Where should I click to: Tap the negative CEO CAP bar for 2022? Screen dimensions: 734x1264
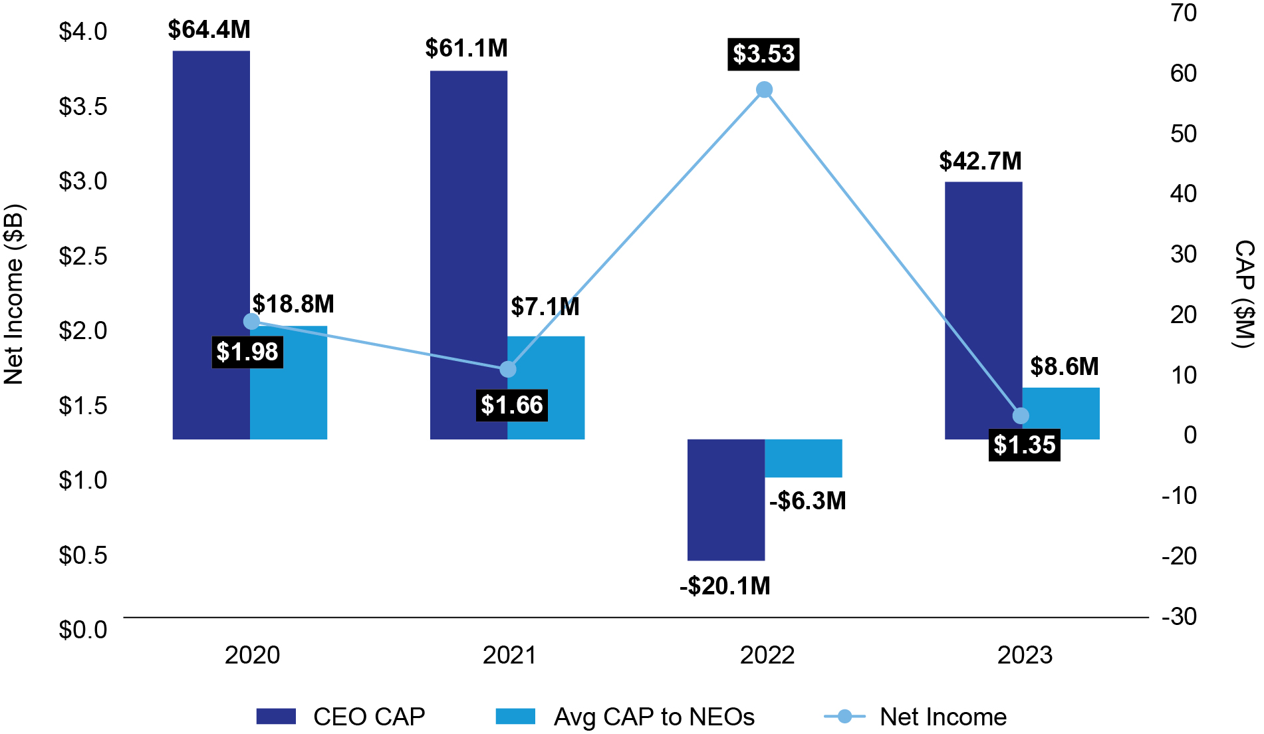(x=725, y=499)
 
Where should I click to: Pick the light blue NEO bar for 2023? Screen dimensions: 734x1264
(x=1061, y=414)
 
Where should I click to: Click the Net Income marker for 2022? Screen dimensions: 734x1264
(x=765, y=90)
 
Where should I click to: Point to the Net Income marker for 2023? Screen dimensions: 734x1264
(x=1021, y=416)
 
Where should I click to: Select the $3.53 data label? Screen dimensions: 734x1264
(x=763, y=54)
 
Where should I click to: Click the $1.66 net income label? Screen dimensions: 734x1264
(x=511, y=405)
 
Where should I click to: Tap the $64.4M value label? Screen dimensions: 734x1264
(x=209, y=30)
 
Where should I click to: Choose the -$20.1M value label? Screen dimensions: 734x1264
(x=725, y=586)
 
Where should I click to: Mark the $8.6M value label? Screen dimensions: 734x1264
(x=1064, y=366)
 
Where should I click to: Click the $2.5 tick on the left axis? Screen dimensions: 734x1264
(x=83, y=256)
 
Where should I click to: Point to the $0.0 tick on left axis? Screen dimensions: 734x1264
(x=83, y=630)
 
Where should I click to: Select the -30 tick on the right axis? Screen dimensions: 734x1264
(x=1179, y=616)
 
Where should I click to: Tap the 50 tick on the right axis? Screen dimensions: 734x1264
(x=1184, y=134)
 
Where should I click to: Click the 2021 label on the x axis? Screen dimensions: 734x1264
(x=509, y=656)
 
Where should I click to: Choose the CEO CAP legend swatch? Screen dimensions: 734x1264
(x=276, y=716)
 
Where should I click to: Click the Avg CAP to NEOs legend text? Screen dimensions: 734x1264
(x=654, y=717)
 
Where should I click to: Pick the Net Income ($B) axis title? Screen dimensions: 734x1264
(x=15, y=294)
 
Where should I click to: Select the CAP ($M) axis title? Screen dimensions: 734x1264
(x=1243, y=294)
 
